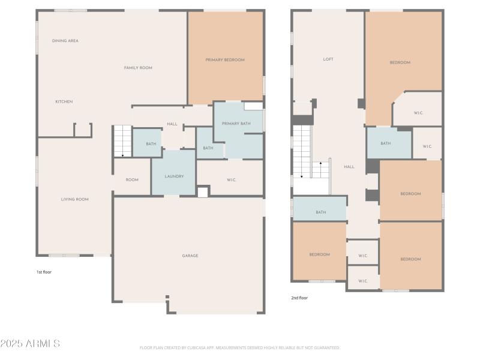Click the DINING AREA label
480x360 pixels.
(65, 41)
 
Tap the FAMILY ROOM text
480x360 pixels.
(138, 68)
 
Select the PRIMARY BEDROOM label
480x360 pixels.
(225, 59)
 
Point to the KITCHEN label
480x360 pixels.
(64, 101)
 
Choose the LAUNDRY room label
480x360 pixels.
(174, 176)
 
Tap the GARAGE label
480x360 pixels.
(190, 256)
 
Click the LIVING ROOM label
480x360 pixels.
(75, 199)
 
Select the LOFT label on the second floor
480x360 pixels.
(328, 59)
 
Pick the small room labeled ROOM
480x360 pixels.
(132, 180)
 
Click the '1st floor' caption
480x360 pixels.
(44, 272)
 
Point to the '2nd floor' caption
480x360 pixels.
(299, 298)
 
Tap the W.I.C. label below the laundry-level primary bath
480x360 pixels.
(231, 179)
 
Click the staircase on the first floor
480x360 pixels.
(122, 141)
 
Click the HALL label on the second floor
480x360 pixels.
(349, 167)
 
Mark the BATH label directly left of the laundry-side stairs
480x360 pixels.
(151, 144)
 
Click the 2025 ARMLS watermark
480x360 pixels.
(30, 344)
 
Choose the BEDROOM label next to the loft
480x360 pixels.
(400, 62)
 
